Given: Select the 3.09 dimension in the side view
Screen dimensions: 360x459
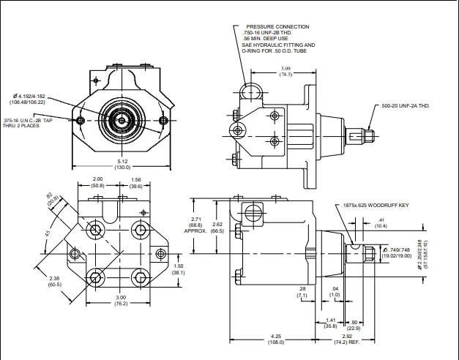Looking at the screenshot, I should click(286, 68).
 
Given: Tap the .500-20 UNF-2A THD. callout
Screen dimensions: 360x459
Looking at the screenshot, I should click(406, 106).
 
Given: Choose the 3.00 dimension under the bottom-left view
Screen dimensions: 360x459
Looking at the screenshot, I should click(121, 297).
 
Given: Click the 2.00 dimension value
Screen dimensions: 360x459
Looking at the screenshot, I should click(97, 180).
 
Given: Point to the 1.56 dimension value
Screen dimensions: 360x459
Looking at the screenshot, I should click(136, 180).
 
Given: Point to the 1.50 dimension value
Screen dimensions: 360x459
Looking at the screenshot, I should click(178, 266).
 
